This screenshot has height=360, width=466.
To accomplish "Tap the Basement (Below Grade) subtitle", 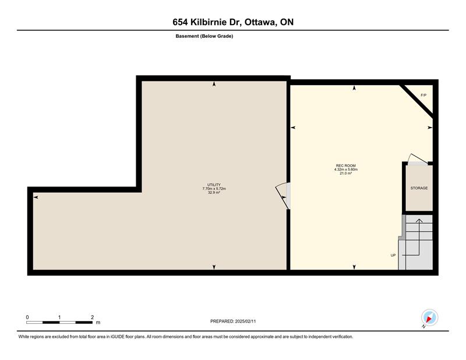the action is click(x=204, y=36).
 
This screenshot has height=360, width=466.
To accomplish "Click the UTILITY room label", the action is click(x=214, y=185).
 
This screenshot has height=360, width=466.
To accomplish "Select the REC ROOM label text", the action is click(x=345, y=165).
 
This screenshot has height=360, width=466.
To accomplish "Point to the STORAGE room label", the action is click(x=419, y=188).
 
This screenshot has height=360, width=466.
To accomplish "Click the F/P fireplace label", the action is click(x=423, y=95).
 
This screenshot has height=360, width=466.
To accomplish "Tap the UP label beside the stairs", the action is click(x=393, y=255).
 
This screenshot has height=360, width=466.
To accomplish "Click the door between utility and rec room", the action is click(x=282, y=196).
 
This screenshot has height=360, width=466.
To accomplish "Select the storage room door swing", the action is click(x=417, y=159).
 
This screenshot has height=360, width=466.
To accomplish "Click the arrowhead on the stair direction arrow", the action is click(x=419, y=221).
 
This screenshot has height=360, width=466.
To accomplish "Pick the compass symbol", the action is click(x=429, y=317).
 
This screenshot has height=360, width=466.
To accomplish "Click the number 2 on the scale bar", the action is click(x=93, y=317).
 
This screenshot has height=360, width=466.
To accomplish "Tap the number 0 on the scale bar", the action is click(x=27, y=317).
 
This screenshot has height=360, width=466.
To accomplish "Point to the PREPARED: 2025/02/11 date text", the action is click(x=233, y=322).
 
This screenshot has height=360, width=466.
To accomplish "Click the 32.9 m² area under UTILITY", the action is click(x=214, y=193).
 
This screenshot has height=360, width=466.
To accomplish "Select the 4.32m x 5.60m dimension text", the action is click(x=345, y=170).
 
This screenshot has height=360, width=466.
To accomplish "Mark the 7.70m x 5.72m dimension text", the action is click(x=214, y=189).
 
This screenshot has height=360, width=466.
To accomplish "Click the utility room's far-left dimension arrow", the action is click(x=36, y=197).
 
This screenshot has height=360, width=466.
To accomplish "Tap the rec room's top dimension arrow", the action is click(x=354, y=88).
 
